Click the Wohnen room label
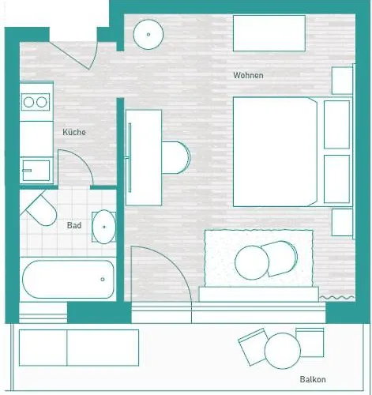[x=248, y=76]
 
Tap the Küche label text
[x=74, y=132]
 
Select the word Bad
[x=74, y=226]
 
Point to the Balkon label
[x=314, y=379]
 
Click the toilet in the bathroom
[x=40, y=211]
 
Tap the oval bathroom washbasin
[x=103, y=227]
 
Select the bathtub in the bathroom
[x=68, y=279]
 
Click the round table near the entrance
[x=148, y=34]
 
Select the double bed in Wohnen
[x=275, y=151]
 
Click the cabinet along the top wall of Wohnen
[x=269, y=33]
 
